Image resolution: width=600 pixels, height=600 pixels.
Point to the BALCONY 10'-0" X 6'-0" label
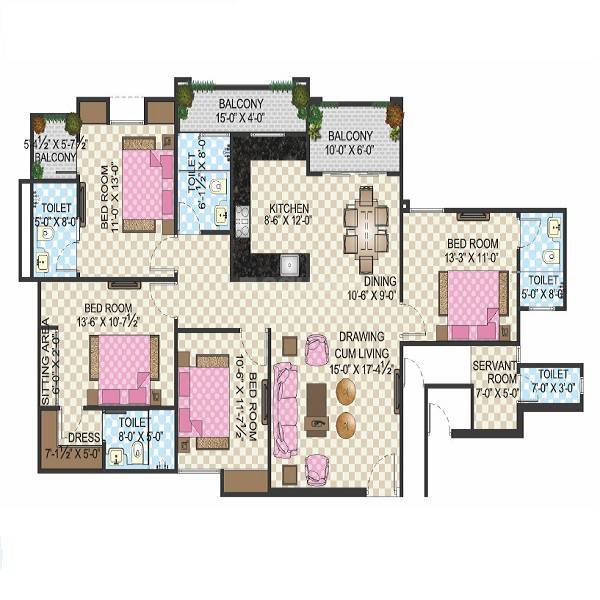pyautogui.click(x=350, y=143)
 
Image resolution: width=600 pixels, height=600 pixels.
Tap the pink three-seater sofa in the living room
pyautogui.click(x=286, y=408)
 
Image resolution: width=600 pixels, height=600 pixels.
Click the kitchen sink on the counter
pyautogui.click(x=288, y=266)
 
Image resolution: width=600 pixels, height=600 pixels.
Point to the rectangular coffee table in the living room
pyautogui.click(x=318, y=410)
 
